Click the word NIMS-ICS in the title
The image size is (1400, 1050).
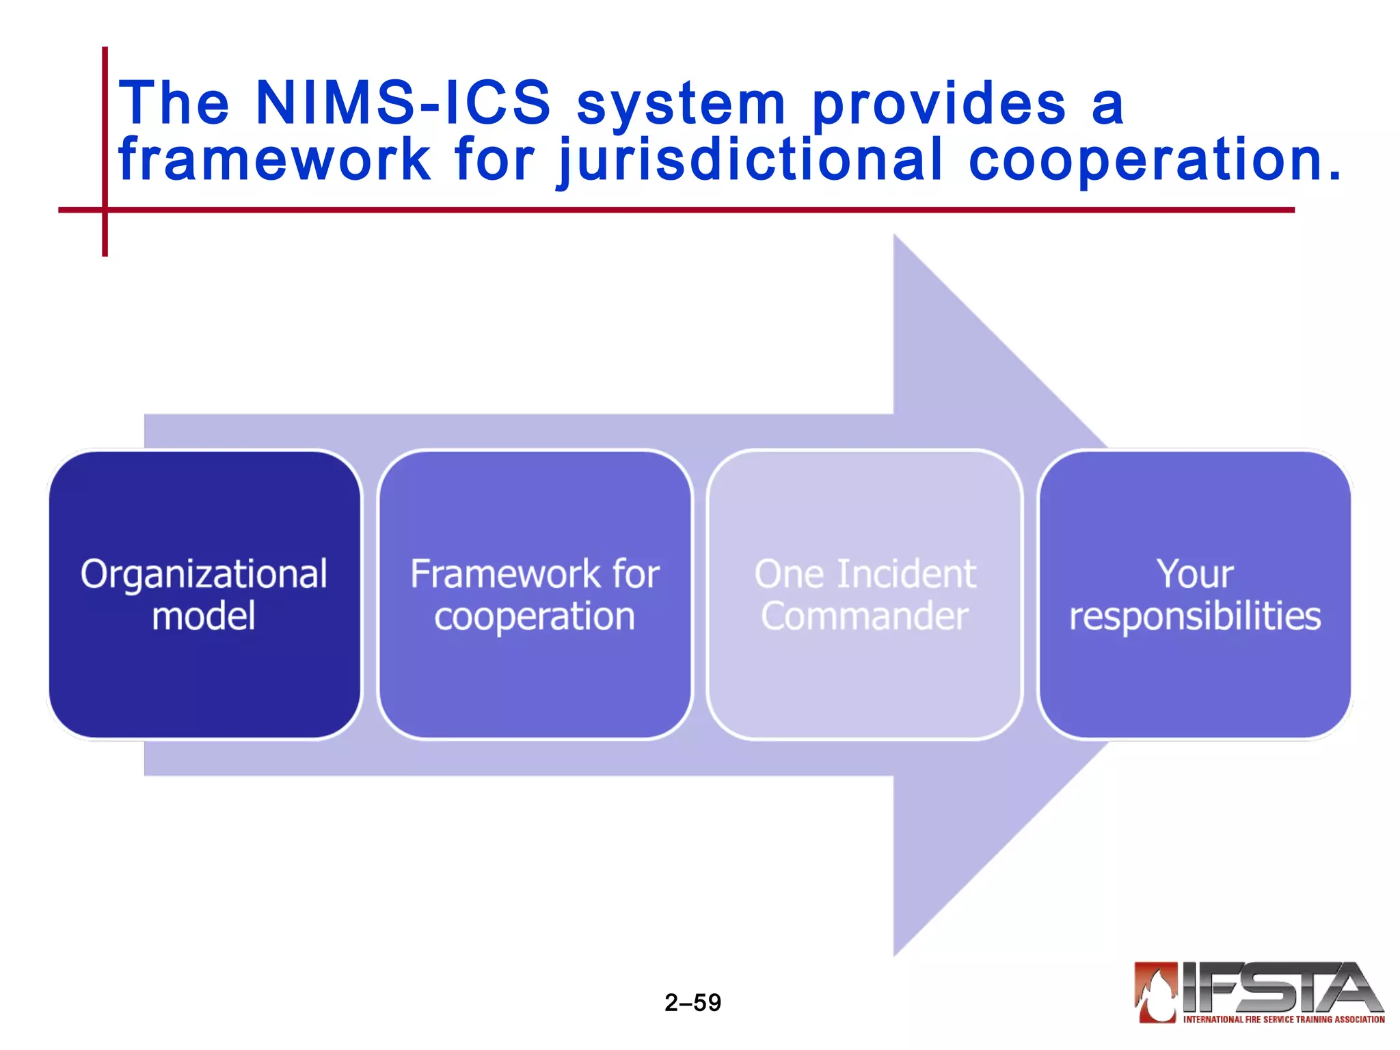pos(403,103)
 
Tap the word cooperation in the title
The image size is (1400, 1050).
pos(1155,161)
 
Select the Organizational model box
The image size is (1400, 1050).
pos(204,594)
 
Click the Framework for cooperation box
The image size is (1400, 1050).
pos(535,594)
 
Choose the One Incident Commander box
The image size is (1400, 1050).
pos(865,594)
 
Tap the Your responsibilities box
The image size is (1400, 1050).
pos(1195,594)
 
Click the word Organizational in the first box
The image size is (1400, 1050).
pos(204,574)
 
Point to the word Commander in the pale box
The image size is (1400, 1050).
pos(865,616)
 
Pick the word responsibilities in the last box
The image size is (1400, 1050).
pos(1195,616)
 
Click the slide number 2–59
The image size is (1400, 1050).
pos(692,1002)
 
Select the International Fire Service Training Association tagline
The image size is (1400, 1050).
pos(1284,1019)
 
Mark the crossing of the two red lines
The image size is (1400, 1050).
pos(105,210)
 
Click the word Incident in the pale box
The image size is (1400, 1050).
pos(906,574)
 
